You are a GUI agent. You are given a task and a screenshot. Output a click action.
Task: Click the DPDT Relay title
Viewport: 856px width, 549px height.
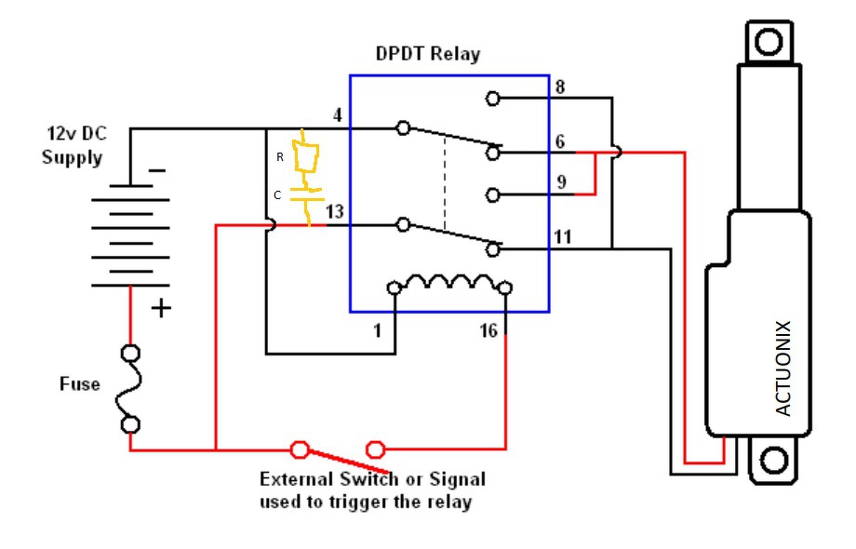click(428, 54)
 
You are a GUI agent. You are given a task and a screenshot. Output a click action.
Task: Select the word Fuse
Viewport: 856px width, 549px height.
click(79, 383)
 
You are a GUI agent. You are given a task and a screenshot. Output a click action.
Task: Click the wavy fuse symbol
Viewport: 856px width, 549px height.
click(131, 389)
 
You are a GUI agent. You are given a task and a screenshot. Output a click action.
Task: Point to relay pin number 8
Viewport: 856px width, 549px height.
click(560, 88)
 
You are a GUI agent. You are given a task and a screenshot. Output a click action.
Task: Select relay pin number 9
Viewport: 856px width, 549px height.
click(560, 182)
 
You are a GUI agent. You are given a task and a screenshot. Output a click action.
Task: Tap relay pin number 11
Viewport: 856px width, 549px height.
click(562, 236)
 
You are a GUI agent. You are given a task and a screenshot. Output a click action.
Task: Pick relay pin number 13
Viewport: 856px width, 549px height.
click(334, 212)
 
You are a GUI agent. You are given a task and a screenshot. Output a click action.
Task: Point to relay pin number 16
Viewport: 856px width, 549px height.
click(488, 330)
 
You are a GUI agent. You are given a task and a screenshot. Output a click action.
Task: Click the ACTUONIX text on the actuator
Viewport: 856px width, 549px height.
click(782, 368)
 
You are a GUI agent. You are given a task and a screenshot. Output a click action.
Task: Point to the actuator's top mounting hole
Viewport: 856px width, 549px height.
click(769, 42)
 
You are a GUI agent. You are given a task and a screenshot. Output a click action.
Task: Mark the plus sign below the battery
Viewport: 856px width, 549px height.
click(161, 307)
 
